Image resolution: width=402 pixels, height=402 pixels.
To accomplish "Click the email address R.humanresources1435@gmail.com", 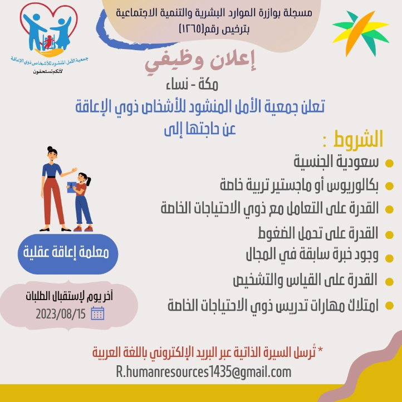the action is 204,372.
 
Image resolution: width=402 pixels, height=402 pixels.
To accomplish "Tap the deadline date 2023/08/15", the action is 61,314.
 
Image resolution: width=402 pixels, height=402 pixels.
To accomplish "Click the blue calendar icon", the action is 97,313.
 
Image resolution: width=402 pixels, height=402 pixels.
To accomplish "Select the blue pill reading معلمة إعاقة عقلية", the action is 68,254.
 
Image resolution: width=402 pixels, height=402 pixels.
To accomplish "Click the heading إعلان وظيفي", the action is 200,62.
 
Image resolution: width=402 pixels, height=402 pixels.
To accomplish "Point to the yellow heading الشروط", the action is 358,139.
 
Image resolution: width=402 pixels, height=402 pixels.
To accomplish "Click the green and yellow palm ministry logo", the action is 361,33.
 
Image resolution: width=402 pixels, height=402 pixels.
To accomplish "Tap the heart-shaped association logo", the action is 48,30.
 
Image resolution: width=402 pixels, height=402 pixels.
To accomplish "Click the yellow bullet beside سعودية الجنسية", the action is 389,163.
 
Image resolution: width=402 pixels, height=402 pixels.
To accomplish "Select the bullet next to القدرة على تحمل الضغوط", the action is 389,234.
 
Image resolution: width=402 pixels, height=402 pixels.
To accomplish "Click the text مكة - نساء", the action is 192,85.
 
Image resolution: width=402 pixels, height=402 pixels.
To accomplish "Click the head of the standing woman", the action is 52,154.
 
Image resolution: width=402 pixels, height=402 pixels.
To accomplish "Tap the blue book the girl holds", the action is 71,187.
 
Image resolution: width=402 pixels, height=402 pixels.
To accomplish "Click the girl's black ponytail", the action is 89,182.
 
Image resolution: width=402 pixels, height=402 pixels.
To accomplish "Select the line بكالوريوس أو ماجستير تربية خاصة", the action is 299,185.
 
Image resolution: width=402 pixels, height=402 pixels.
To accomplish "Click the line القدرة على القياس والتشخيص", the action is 305,280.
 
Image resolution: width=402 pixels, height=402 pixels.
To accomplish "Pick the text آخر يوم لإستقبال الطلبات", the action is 69,296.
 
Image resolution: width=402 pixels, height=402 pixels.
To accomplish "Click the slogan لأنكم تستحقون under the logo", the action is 48,71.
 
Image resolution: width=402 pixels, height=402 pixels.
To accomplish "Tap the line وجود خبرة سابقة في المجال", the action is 312,255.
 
